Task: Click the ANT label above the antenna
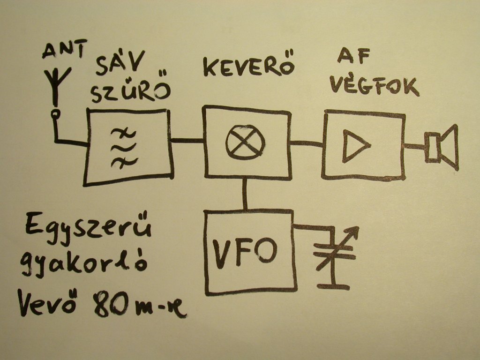pos(64,50)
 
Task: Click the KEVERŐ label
pos(248,67)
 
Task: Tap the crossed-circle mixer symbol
pos(245,141)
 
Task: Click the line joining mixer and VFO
pos(244,194)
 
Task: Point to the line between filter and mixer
pos(187,140)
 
